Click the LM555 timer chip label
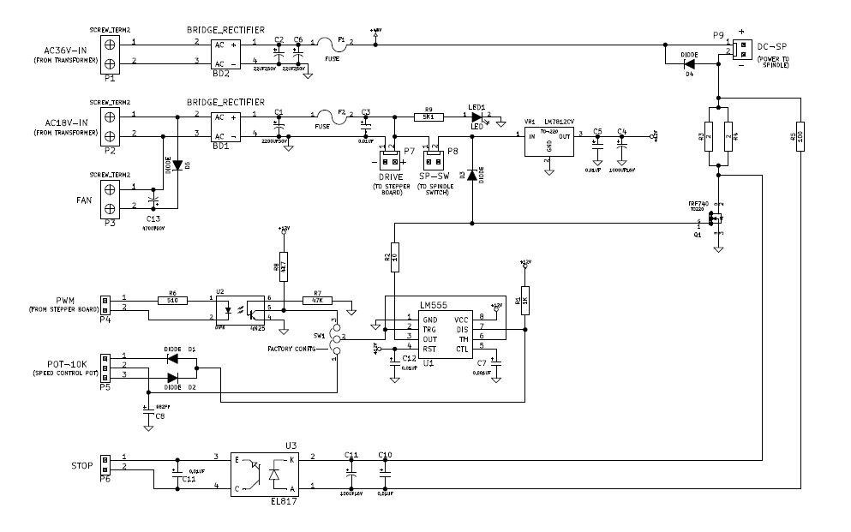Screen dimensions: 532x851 pos(434,305)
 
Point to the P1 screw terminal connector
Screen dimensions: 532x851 pos(110,53)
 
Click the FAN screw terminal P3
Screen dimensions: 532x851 pos(110,198)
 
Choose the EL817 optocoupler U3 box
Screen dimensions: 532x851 pos(265,474)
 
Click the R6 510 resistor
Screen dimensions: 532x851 pos(172,300)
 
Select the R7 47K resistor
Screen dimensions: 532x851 pos(318,300)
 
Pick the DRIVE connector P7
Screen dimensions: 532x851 pos(391,161)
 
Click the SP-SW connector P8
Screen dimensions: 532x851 pos(433,160)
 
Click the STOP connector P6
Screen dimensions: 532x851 pos(105,463)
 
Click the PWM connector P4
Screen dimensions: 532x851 pos(105,303)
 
